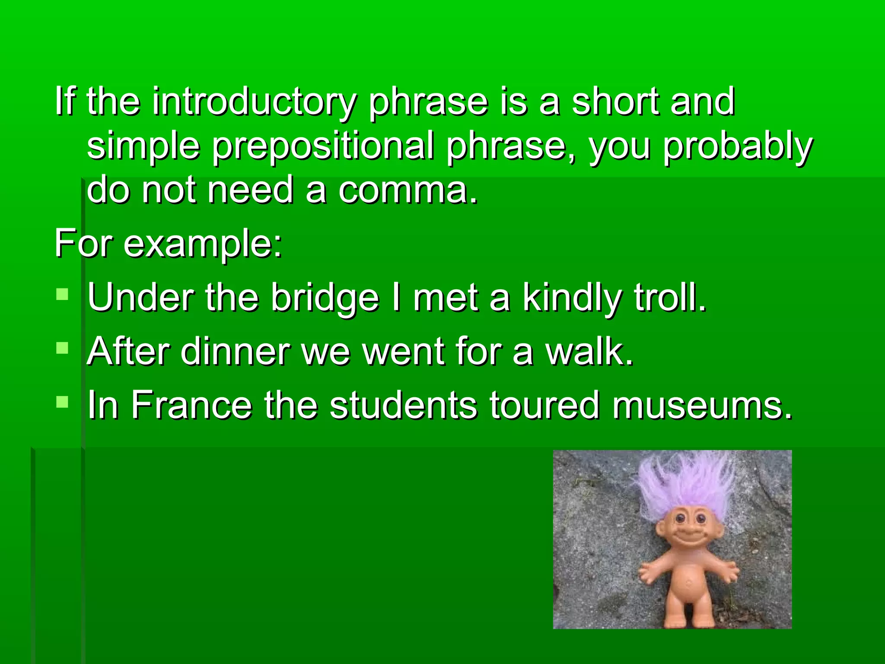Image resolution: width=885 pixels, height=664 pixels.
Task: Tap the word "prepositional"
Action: tap(322, 146)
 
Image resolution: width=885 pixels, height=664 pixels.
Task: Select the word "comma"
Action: tap(408, 190)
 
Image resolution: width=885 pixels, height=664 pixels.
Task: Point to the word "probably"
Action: tap(738, 146)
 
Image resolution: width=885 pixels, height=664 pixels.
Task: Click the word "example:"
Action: tap(203, 245)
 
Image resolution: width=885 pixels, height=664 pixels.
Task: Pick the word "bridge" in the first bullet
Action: tap(325, 298)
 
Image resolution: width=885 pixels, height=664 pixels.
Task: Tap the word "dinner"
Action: tap(236, 351)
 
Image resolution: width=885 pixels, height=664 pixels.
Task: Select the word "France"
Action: tap(191, 405)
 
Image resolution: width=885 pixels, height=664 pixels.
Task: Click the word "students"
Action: tap(403, 405)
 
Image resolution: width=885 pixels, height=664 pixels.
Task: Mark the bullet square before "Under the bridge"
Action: tap(62, 295)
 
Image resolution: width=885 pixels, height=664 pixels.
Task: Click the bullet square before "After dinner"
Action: tap(62, 348)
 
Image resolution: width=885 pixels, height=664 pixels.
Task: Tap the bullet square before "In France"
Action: tap(62, 402)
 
